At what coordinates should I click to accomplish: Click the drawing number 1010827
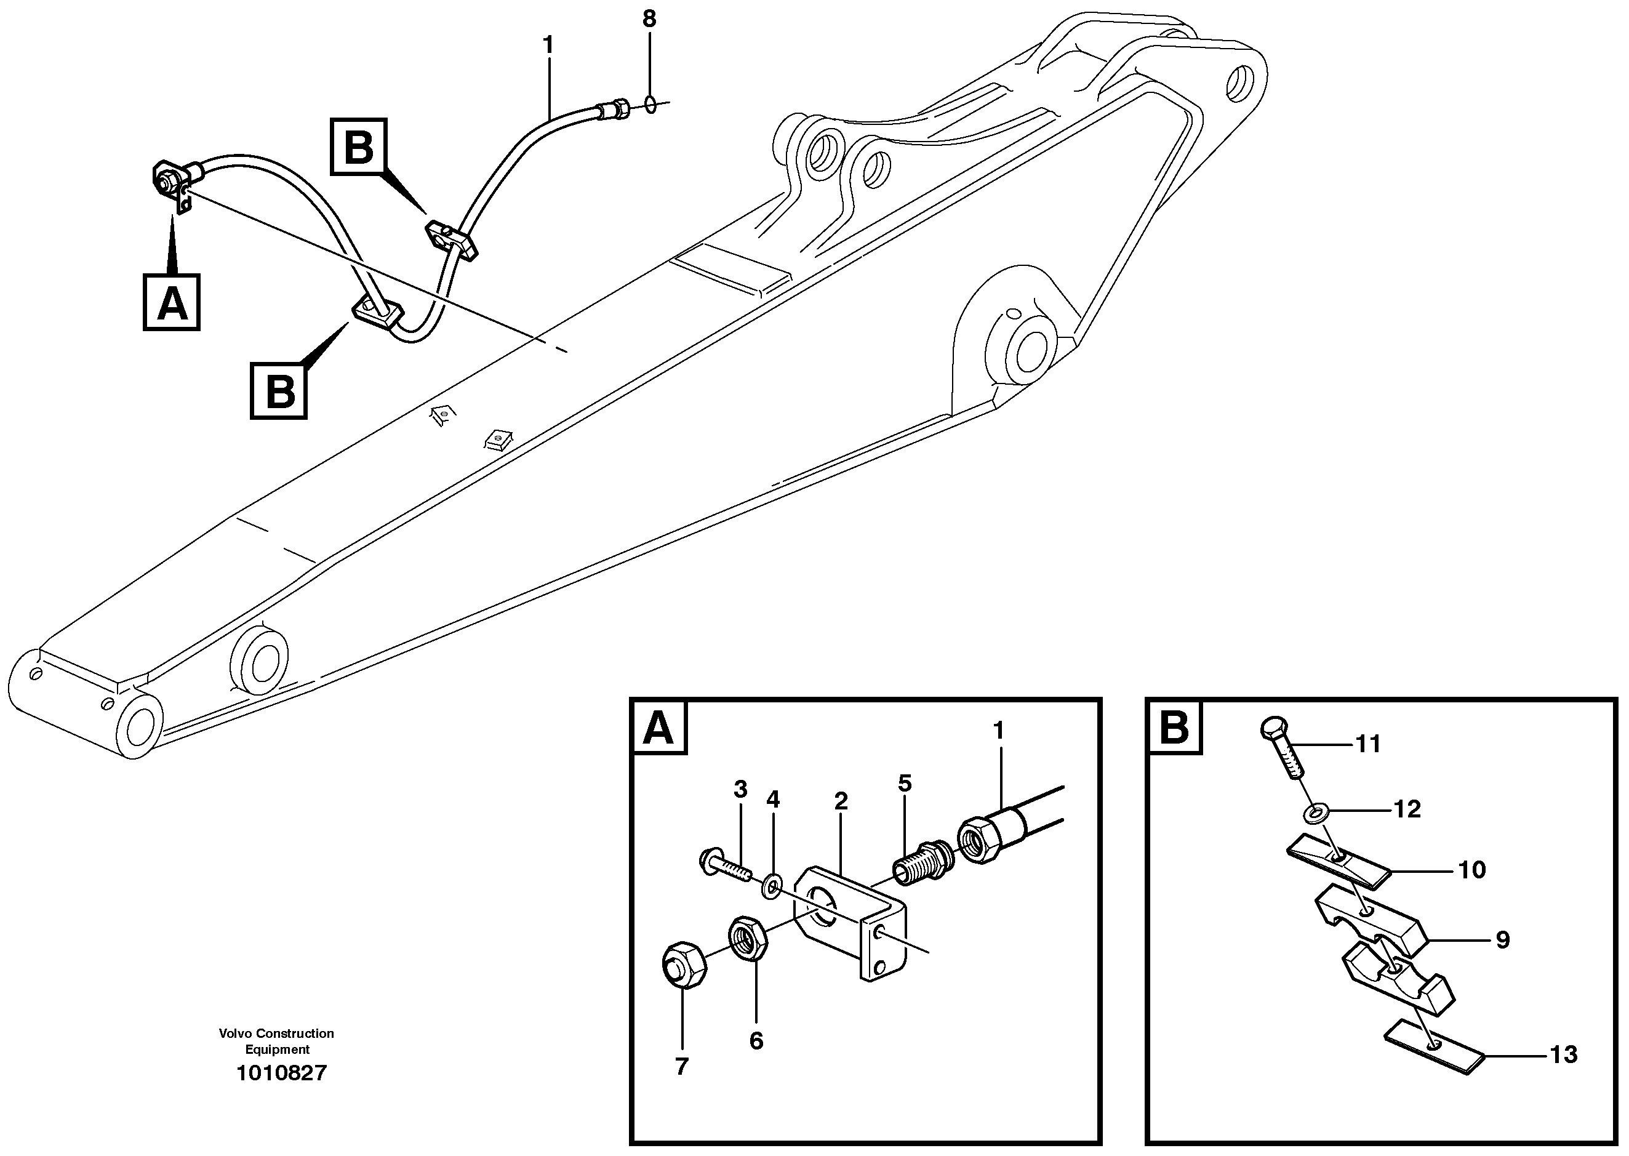281,1073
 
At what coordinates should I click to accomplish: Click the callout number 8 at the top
649,19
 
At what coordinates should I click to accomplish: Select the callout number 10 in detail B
1471,870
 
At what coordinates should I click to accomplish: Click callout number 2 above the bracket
841,801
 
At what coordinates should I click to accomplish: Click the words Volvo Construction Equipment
276,1041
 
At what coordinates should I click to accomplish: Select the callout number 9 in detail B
1502,941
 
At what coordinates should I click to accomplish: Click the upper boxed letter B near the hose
359,147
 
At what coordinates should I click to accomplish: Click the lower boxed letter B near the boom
279,390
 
